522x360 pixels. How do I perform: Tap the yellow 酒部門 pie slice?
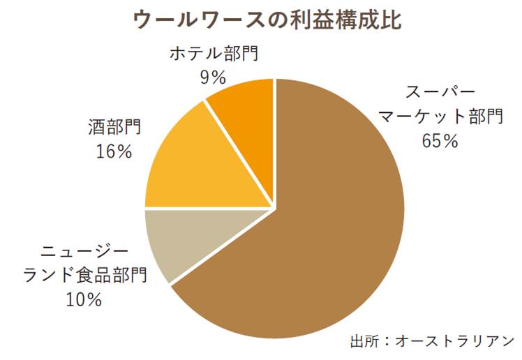(x=202, y=167)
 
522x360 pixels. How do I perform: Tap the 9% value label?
(x=211, y=77)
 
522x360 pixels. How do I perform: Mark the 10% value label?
(x=85, y=300)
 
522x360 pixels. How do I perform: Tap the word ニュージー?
(x=85, y=253)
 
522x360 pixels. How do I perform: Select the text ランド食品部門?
(x=85, y=276)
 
